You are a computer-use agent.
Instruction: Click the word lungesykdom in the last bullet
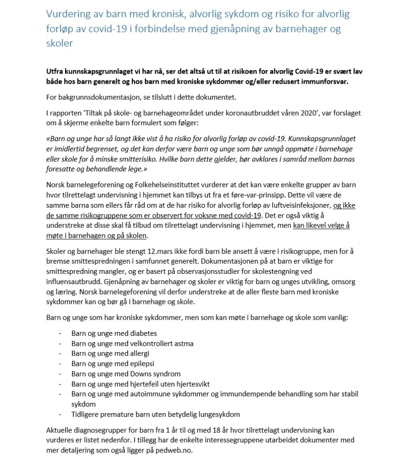pyautogui.click(x=221, y=414)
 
